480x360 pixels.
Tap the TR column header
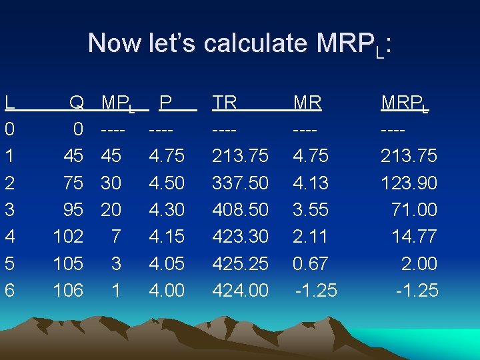point(225,103)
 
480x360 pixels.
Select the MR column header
point(308,103)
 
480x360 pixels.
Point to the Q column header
point(77,103)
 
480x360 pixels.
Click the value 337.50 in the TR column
point(240,183)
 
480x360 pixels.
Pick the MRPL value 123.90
point(409,183)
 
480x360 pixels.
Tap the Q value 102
point(68,237)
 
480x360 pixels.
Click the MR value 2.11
point(310,237)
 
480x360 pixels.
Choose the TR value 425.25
point(240,263)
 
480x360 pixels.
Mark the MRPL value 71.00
point(415,209)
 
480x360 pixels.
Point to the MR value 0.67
point(310,263)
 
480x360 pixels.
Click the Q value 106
point(68,290)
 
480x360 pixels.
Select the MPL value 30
point(111,183)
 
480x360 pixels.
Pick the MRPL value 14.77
point(415,237)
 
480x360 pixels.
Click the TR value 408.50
point(240,209)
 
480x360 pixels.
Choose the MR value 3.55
point(310,209)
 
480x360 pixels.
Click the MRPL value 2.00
point(420,263)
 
